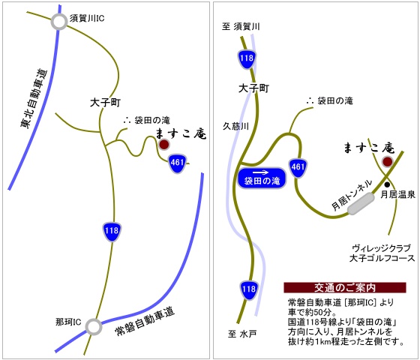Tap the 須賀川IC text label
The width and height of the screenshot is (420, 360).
tap(87, 19)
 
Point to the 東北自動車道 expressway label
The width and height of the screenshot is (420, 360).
tap(34, 98)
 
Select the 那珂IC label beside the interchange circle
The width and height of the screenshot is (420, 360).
tap(68, 322)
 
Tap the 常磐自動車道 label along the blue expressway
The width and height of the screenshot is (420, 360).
tap(145, 321)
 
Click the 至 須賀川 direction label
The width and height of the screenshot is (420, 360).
tap(241, 27)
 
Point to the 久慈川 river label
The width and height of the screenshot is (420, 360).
tap(235, 126)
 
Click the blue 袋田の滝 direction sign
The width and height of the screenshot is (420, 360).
tap(262, 178)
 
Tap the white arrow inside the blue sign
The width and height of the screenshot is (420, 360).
tap(261, 172)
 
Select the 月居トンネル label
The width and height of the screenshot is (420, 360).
tap(352, 195)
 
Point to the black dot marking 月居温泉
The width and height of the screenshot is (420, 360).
tap(387, 184)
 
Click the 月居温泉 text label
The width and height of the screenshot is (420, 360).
tap(397, 195)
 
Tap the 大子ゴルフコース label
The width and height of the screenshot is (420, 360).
tap(382, 259)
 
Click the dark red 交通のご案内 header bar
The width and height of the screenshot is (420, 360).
tap(345, 288)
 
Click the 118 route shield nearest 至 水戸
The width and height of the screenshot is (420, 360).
tap(249, 289)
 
